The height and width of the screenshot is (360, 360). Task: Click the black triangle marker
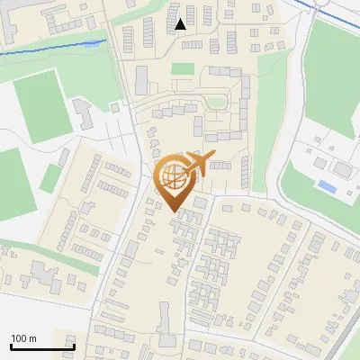point(181,24)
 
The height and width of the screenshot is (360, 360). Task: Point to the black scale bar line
point(42,346)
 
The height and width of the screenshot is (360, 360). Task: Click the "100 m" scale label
point(23,338)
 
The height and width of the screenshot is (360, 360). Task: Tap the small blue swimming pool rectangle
point(328,187)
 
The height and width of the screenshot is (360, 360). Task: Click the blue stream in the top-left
point(54,49)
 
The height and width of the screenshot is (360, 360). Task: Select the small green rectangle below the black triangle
point(183,68)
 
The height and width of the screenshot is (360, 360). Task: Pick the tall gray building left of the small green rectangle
point(141,79)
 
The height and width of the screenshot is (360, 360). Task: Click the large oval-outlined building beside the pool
point(343,168)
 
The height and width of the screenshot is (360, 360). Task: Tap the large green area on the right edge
point(333,72)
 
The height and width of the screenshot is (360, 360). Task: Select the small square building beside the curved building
point(114,107)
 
